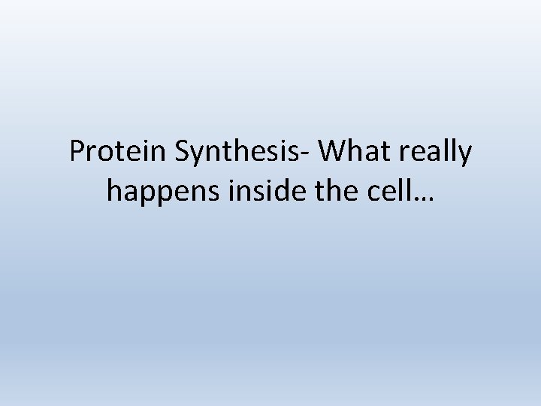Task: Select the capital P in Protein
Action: [77, 152]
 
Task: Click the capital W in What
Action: [332, 152]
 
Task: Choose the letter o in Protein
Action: [103, 155]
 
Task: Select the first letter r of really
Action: [403, 155]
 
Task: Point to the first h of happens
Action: [114, 190]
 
